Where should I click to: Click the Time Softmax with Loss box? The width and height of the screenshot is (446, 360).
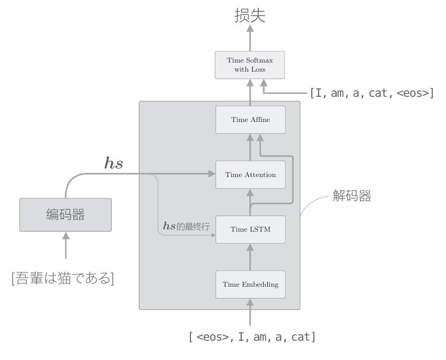tap(250, 65)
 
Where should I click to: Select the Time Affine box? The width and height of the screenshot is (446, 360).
tap(250, 120)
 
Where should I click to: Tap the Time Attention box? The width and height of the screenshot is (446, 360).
tap(250, 174)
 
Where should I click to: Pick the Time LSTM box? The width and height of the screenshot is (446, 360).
tap(250, 229)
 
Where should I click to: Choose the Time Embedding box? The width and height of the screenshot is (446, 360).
tap(250, 284)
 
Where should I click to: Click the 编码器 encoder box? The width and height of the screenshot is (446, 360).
tap(65, 215)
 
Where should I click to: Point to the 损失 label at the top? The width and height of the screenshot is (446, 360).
tap(250, 16)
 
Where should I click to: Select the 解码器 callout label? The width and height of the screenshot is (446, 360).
tap(351, 196)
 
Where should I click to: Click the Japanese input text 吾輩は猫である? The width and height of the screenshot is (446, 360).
tap(63, 278)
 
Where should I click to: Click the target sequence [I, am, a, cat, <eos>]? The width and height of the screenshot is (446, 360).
tap(372, 93)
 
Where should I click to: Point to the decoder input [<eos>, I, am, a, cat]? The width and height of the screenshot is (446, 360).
tap(252, 337)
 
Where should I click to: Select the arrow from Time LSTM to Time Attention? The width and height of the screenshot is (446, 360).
tap(250, 202)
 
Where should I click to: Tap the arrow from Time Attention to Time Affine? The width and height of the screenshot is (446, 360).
tap(250, 147)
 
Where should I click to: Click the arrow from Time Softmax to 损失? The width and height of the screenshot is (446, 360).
tap(250, 37)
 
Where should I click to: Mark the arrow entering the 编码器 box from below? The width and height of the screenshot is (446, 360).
tap(65, 246)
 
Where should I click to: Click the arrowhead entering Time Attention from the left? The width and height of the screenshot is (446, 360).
tap(211, 174)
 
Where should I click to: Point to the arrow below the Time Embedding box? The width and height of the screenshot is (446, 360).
tap(250, 312)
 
